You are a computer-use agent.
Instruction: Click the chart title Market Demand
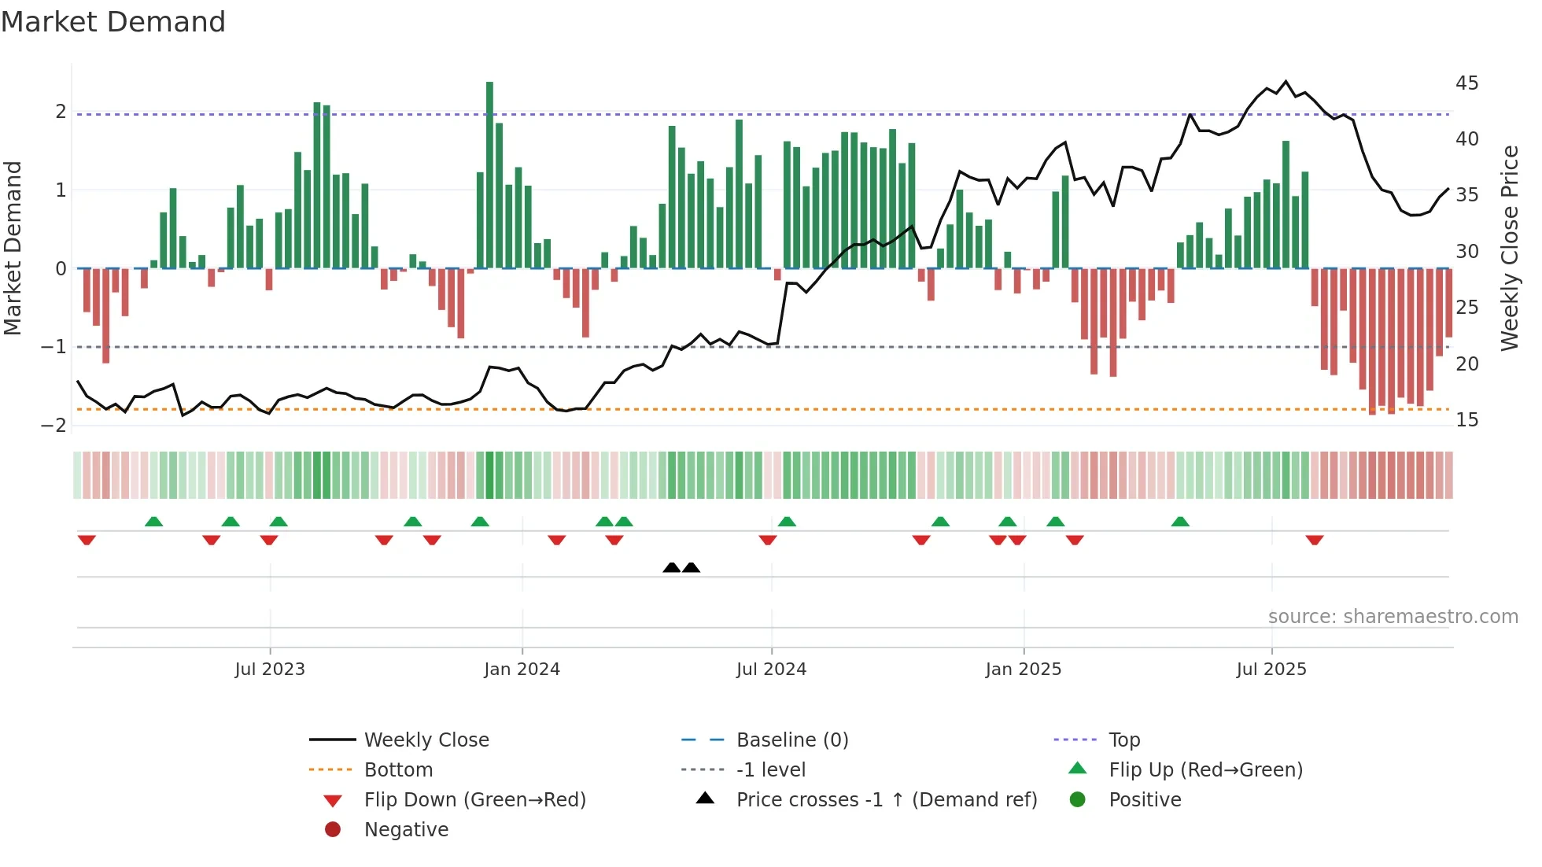113,22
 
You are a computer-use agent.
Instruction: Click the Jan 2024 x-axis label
522,670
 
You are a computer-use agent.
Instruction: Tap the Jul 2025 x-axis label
1271,670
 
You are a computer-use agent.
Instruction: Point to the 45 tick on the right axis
1466,83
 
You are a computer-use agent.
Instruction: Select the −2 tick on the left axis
54,426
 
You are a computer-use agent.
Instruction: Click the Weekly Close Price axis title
1509,248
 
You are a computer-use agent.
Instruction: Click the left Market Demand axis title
13,248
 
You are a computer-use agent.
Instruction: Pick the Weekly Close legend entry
426,740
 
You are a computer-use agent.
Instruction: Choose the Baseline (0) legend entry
791,740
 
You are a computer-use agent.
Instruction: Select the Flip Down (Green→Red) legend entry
474,800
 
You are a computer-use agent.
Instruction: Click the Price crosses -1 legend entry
886,800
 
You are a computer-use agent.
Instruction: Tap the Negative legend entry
406,830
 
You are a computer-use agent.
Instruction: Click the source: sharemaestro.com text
1393,617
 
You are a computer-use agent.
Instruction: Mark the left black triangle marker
671,567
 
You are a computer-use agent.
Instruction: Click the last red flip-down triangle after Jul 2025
1314,540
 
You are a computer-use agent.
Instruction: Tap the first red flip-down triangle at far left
87,540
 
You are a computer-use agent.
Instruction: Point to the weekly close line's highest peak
1286,82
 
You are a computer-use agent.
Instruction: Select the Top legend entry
1123,740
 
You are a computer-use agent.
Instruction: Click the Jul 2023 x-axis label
270,670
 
